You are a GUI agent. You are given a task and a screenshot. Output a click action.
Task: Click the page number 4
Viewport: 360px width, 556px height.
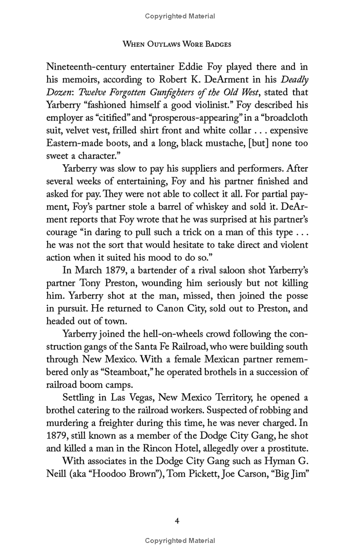[x=177, y=521]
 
